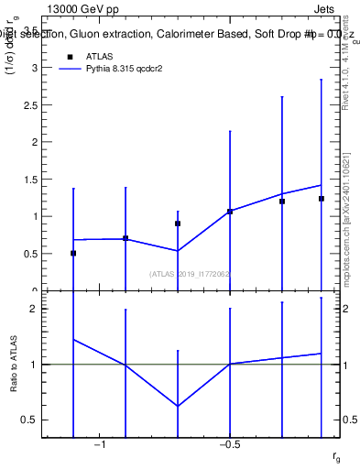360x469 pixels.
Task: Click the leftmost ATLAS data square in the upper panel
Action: point(73,253)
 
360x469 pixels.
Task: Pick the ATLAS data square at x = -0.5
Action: point(230,212)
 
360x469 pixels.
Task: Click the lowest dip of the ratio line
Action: point(178,406)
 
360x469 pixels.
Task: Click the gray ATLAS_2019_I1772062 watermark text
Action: point(190,273)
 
